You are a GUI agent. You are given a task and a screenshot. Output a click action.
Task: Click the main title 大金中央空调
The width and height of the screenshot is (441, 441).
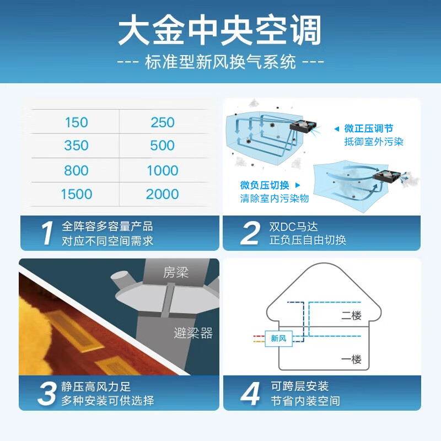coord(220,30)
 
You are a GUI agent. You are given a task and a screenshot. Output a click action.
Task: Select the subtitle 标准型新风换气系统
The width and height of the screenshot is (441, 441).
coord(220,62)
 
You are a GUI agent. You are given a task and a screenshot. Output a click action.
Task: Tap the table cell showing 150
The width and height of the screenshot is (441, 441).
coord(77,122)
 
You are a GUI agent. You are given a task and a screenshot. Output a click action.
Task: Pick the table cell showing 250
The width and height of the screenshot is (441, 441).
coord(163,122)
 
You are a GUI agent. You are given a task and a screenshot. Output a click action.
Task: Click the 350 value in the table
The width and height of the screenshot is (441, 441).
coord(76,146)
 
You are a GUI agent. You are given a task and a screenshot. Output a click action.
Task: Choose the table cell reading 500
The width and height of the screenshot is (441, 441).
coord(162,146)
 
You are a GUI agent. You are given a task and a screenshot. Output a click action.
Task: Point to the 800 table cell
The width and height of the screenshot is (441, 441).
coord(76,170)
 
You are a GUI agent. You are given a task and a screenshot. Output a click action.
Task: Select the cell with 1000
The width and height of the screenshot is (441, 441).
coord(163,170)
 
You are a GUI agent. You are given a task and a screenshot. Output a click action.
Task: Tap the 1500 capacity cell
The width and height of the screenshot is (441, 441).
coord(77,194)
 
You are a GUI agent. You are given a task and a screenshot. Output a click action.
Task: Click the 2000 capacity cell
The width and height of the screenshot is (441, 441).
coord(163,194)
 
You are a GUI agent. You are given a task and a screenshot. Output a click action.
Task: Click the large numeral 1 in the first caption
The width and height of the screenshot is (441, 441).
coord(47,233)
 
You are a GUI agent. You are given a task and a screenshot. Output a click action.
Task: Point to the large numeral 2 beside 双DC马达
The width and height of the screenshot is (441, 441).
coord(250,233)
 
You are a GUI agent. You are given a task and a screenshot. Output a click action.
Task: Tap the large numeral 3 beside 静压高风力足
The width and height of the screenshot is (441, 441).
coord(47,394)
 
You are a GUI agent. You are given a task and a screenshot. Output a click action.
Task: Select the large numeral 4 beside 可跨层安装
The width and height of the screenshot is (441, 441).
coord(250,394)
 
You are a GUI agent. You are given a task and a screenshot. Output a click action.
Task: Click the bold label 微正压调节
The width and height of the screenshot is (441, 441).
coord(369,128)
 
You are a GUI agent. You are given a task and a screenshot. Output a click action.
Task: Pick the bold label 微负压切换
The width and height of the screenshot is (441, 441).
coord(265,185)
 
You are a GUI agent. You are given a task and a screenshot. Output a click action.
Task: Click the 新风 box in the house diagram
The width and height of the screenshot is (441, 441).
coord(279,338)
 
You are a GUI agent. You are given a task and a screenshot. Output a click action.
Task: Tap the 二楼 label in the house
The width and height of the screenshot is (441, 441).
coord(351,315)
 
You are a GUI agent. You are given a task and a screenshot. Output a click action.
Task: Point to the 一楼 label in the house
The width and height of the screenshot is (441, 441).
coord(351,359)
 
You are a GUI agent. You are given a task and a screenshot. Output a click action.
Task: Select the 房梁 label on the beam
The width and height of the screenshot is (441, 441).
coord(176,272)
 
